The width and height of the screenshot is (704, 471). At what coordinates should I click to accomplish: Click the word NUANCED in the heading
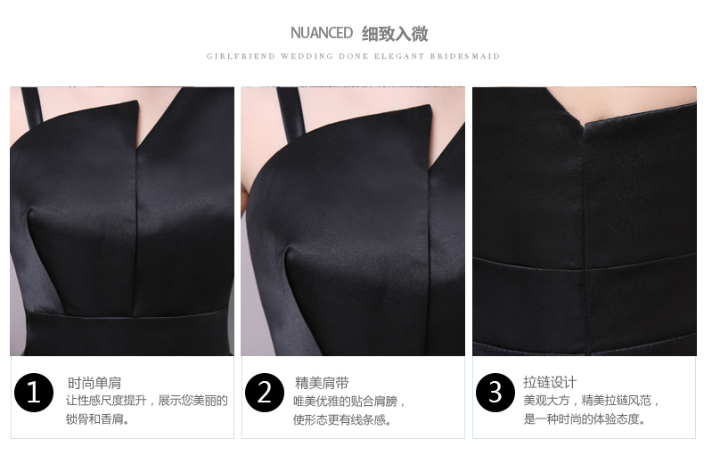coord(322,33)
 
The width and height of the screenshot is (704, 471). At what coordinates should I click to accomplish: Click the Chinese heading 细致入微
coord(395,34)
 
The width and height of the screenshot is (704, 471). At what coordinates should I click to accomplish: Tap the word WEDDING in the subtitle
coord(307,56)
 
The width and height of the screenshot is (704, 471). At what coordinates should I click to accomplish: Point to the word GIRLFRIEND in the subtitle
coord(241,56)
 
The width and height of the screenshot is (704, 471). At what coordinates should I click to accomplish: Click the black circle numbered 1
coord(34,393)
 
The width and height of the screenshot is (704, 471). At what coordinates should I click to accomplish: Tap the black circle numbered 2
coord(265,393)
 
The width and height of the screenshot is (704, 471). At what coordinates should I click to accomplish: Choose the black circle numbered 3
coord(495,393)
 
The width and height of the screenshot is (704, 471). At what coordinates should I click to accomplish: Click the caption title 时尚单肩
coord(94,383)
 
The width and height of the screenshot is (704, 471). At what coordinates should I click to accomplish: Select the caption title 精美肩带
coord(322,383)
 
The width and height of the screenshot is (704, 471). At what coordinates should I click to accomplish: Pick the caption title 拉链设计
coord(550,383)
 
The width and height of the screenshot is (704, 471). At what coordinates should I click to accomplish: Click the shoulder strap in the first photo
coord(32,107)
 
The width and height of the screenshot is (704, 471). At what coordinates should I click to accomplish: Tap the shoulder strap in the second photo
coord(291,110)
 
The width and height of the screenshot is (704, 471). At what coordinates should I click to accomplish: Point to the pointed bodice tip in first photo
coord(137,102)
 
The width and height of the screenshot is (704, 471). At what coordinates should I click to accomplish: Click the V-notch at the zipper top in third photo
coord(583,125)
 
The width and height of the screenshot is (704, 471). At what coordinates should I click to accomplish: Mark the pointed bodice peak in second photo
coord(430,106)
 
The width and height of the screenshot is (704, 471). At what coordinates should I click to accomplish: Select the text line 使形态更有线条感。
coord(342,420)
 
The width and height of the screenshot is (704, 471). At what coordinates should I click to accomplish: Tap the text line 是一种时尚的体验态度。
coord(585,419)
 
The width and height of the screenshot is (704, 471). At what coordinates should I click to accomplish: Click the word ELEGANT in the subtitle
coord(399,56)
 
